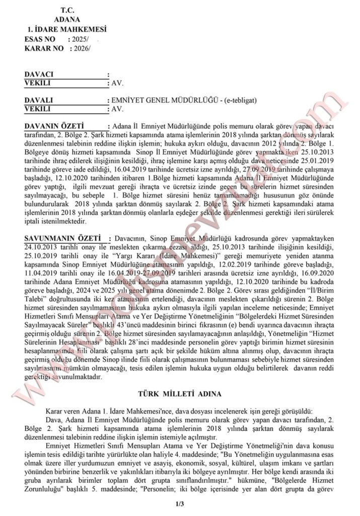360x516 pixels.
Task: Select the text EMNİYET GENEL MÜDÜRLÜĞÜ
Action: pyautogui.click(x=161, y=100)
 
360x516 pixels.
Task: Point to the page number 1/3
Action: pyautogui.click(x=179, y=504)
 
